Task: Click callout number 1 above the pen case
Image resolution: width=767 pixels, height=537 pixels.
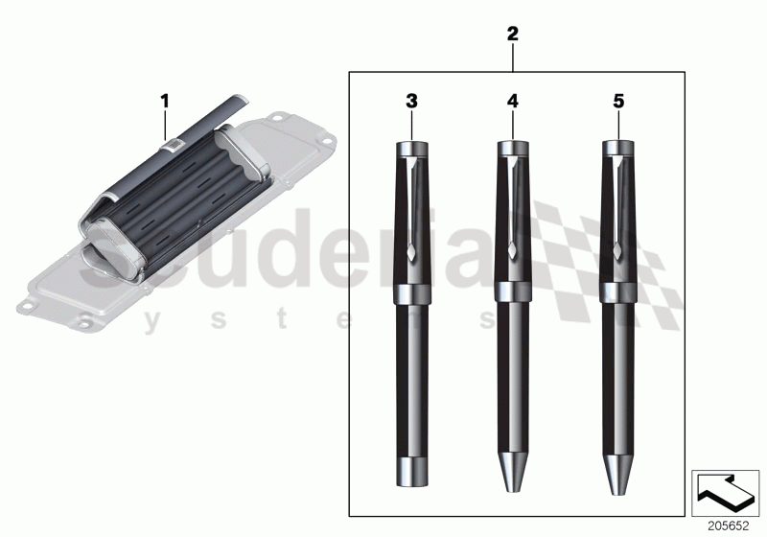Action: tap(164, 100)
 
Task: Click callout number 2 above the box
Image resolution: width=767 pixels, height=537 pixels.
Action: tap(513, 34)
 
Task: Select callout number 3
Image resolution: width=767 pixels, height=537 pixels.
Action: tap(412, 100)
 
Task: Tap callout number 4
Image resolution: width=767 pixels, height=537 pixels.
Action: tap(513, 100)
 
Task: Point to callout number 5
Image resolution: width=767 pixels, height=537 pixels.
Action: tap(618, 100)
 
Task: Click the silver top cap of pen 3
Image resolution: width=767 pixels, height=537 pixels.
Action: tap(412, 149)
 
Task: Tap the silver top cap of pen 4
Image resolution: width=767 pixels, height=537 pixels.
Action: tap(513, 149)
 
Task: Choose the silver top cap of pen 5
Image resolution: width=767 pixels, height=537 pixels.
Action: tap(618, 149)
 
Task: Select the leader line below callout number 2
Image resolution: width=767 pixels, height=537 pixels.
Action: tap(513, 58)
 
